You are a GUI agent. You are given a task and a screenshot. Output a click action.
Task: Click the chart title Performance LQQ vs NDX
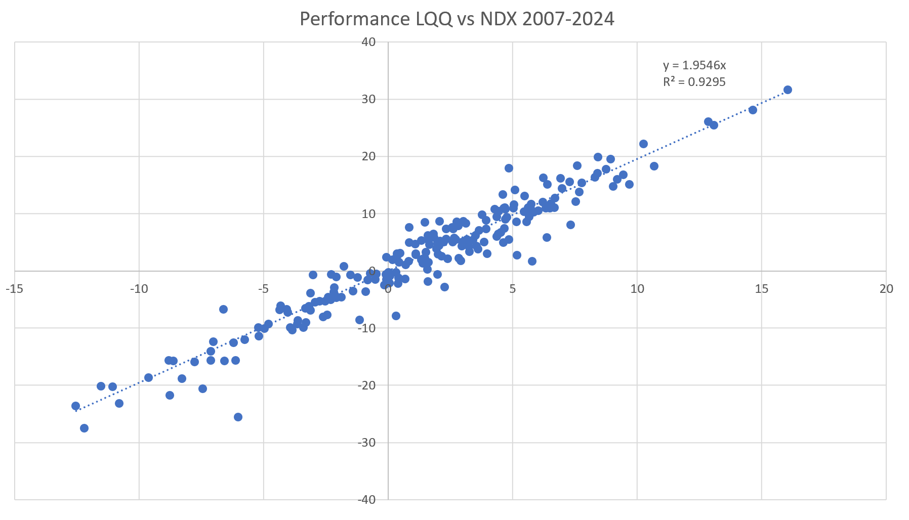[x=457, y=19]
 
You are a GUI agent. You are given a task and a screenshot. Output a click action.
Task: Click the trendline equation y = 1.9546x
[x=694, y=65]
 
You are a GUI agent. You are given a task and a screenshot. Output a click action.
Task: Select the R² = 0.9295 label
[x=694, y=82]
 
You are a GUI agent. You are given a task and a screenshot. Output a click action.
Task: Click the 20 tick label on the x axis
[x=886, y=289]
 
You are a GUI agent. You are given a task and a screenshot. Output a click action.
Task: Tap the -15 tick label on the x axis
[x=14, y=289]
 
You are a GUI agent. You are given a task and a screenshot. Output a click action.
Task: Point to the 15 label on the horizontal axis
[x=761, y=289]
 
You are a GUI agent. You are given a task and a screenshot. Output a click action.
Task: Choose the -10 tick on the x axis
[x=139, y=289]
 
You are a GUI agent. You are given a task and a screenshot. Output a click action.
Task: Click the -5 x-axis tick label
[x=263, y=289]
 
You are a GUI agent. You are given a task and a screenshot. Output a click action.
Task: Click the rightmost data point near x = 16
[x=788, y=90]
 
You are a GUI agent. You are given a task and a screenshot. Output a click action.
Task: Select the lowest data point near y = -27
[x=84, y=428]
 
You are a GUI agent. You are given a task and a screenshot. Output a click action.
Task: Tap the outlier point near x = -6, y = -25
[x=238, y=417]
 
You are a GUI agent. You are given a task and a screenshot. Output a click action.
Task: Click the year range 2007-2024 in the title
[x=568, y=19]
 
